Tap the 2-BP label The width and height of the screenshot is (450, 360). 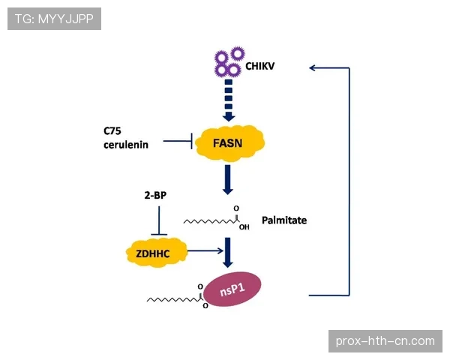[x=155, y=196]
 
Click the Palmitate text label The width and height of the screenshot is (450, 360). [x=284, y=220]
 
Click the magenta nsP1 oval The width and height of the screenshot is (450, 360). [x=239, y=288]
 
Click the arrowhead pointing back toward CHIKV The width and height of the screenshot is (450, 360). [x=313, y=67]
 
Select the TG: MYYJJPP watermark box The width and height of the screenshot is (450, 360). [x=54, y=19]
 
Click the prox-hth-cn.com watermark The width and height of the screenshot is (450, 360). [x=385, y=341]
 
